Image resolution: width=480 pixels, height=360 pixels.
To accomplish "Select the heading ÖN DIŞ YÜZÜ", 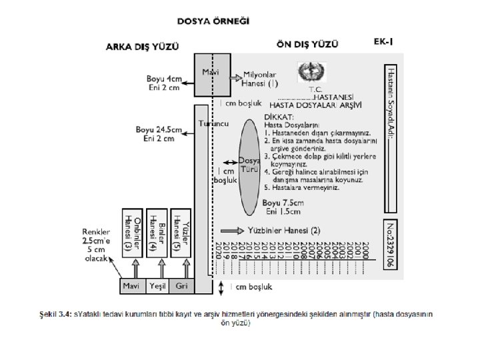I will (x=307, y=44).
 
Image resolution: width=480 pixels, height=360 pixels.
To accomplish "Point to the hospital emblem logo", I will (x=309, y=71).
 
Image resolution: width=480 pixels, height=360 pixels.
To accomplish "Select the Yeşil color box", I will (x=158, y=285).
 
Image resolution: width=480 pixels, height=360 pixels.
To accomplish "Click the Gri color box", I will (x=181, y=285).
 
